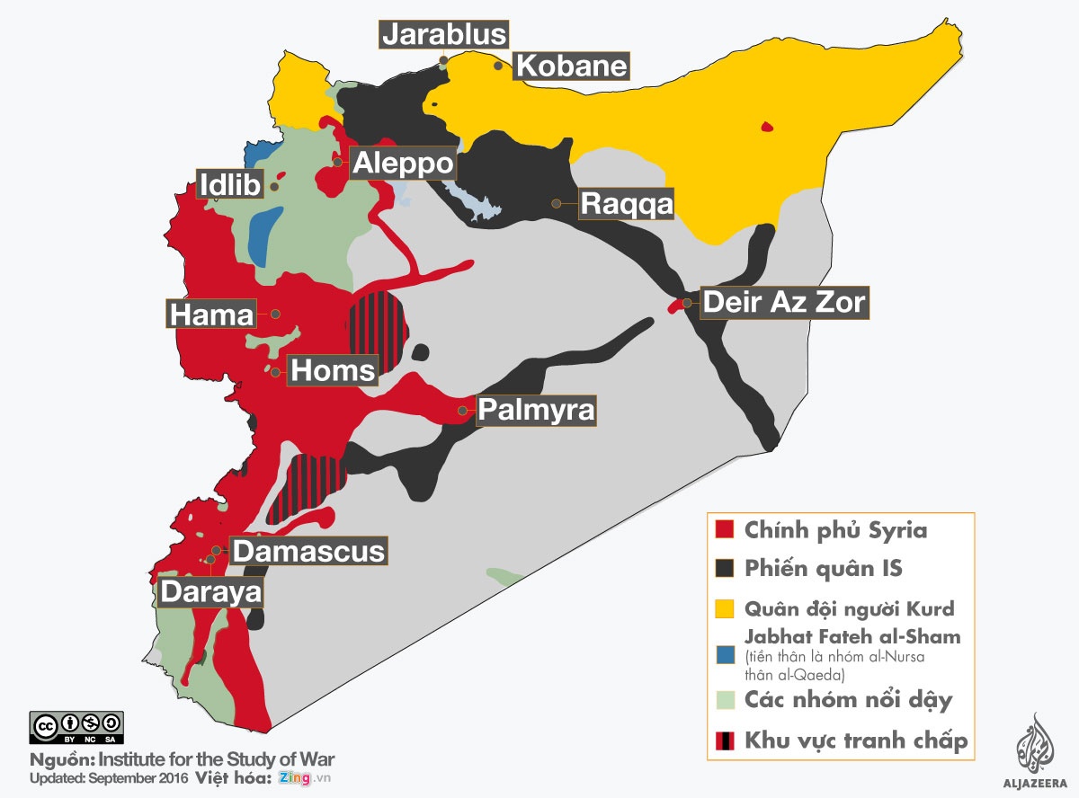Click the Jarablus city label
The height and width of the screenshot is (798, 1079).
coord(444,34)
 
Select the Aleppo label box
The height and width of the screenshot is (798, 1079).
coord(403,164)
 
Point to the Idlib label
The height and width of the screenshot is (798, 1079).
coord(230,185)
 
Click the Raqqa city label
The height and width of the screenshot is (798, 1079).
coord(626,204)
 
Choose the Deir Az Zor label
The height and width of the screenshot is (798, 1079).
coord(784,302)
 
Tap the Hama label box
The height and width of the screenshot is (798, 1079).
coord(211,315)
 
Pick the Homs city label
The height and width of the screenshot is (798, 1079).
coord(332,369)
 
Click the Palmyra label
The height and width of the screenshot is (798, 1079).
coord(536,410)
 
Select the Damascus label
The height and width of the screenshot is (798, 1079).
coord(309,550)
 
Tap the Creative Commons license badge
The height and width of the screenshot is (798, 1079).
coord(76,726)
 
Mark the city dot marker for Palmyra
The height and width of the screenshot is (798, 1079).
coord(462,410)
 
